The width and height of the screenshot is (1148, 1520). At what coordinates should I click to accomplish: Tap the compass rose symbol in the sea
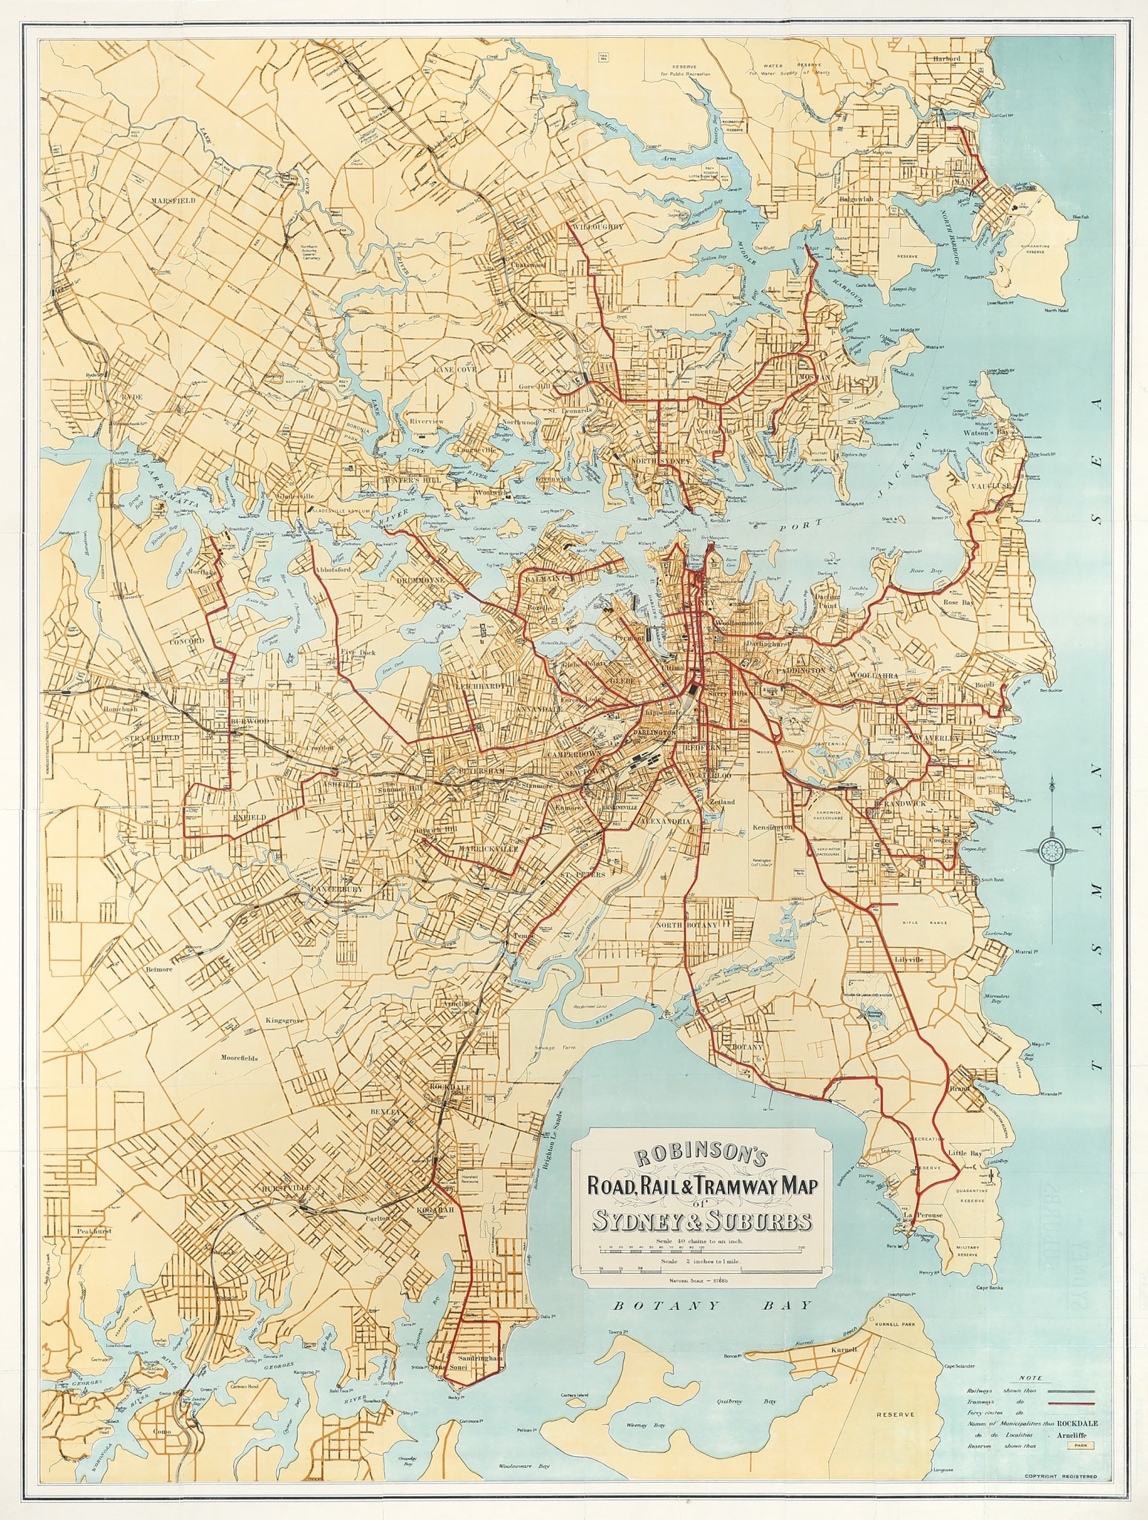coord(1052,847)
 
